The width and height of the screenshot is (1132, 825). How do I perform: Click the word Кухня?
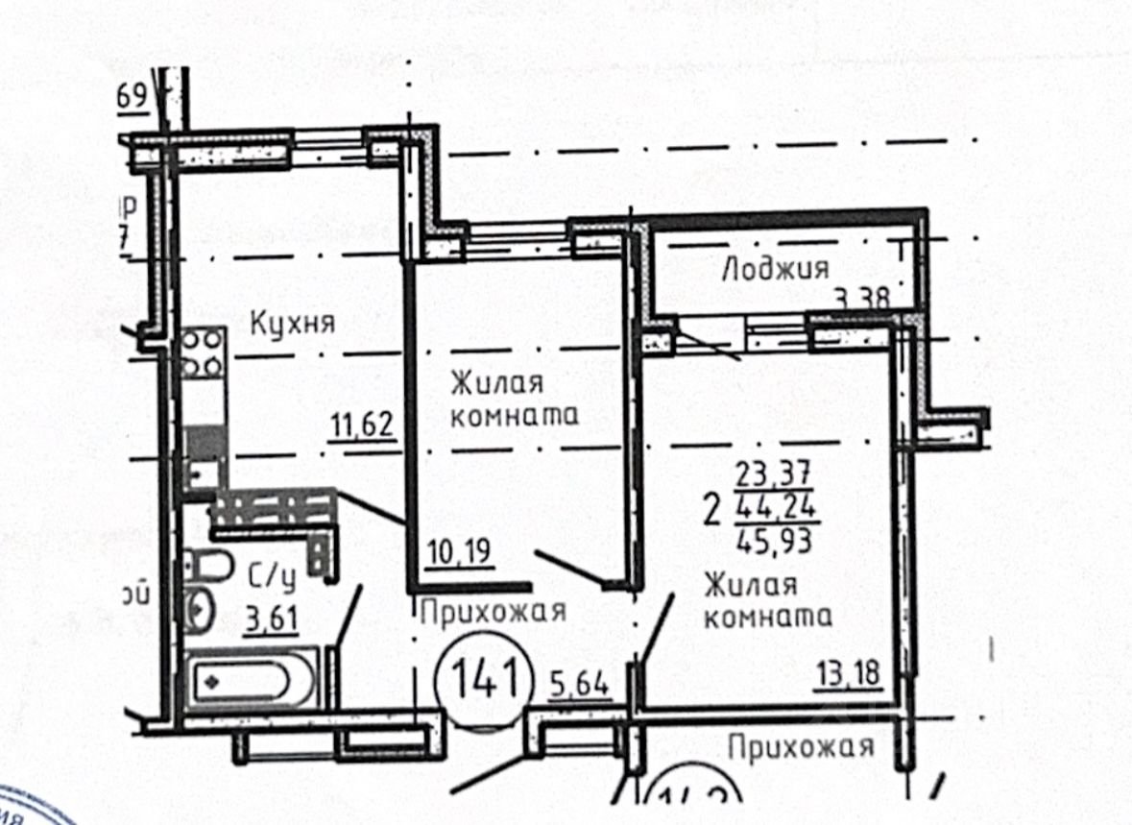(292, 324)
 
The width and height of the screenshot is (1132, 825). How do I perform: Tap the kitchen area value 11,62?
(364, 424)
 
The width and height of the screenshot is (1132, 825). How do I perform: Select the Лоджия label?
(775, 269)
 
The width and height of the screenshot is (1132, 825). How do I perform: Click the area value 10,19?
(457, 555)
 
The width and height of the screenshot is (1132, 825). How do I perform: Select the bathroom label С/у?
(270, 577)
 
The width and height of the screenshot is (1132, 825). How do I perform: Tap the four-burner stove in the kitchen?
(204, 352)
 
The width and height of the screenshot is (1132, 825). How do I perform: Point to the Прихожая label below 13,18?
(801, 747)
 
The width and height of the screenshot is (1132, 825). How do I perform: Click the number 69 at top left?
(132, 96)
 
